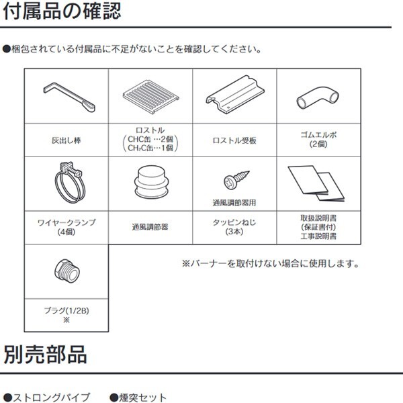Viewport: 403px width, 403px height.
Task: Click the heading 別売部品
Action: [x=44, y=354]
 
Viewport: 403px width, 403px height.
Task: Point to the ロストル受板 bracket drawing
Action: [x=234, y=96]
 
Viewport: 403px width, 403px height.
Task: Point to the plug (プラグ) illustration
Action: [x=66, y=271]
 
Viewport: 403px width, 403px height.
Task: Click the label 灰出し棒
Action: [x=66, y=141]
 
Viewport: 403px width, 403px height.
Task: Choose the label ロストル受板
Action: [x=234, y=141]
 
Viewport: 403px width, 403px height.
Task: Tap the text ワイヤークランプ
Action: [x=66, y=221]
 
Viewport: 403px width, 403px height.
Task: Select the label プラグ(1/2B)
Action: [x=66, y=310]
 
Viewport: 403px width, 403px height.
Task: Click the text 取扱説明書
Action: [x=318, y=218]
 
